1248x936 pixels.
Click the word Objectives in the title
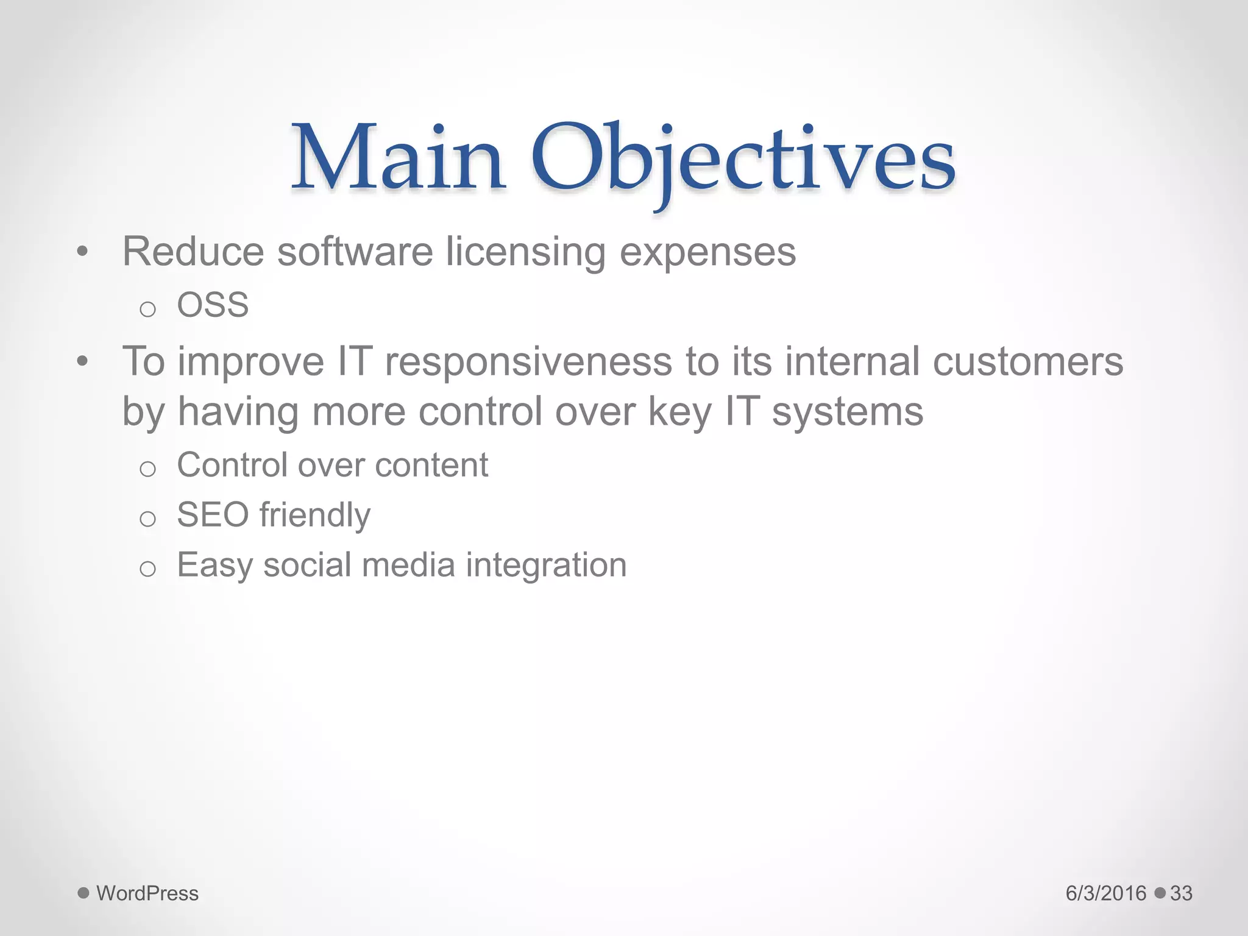coord(743,160)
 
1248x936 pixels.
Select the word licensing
coord(525,252)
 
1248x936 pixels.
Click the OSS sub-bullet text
coord(213,305)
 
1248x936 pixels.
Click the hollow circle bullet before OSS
coord(147,310)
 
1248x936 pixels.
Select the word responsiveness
coord(528,362)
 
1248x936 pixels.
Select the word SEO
coord(213,515)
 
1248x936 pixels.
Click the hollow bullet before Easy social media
coord(147,569)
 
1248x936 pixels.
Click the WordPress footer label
coord(147,893)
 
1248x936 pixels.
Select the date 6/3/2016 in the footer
coord(1105,893)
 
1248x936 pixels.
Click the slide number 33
coord(1181,893)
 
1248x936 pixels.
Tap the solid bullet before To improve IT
coord(83,362)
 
